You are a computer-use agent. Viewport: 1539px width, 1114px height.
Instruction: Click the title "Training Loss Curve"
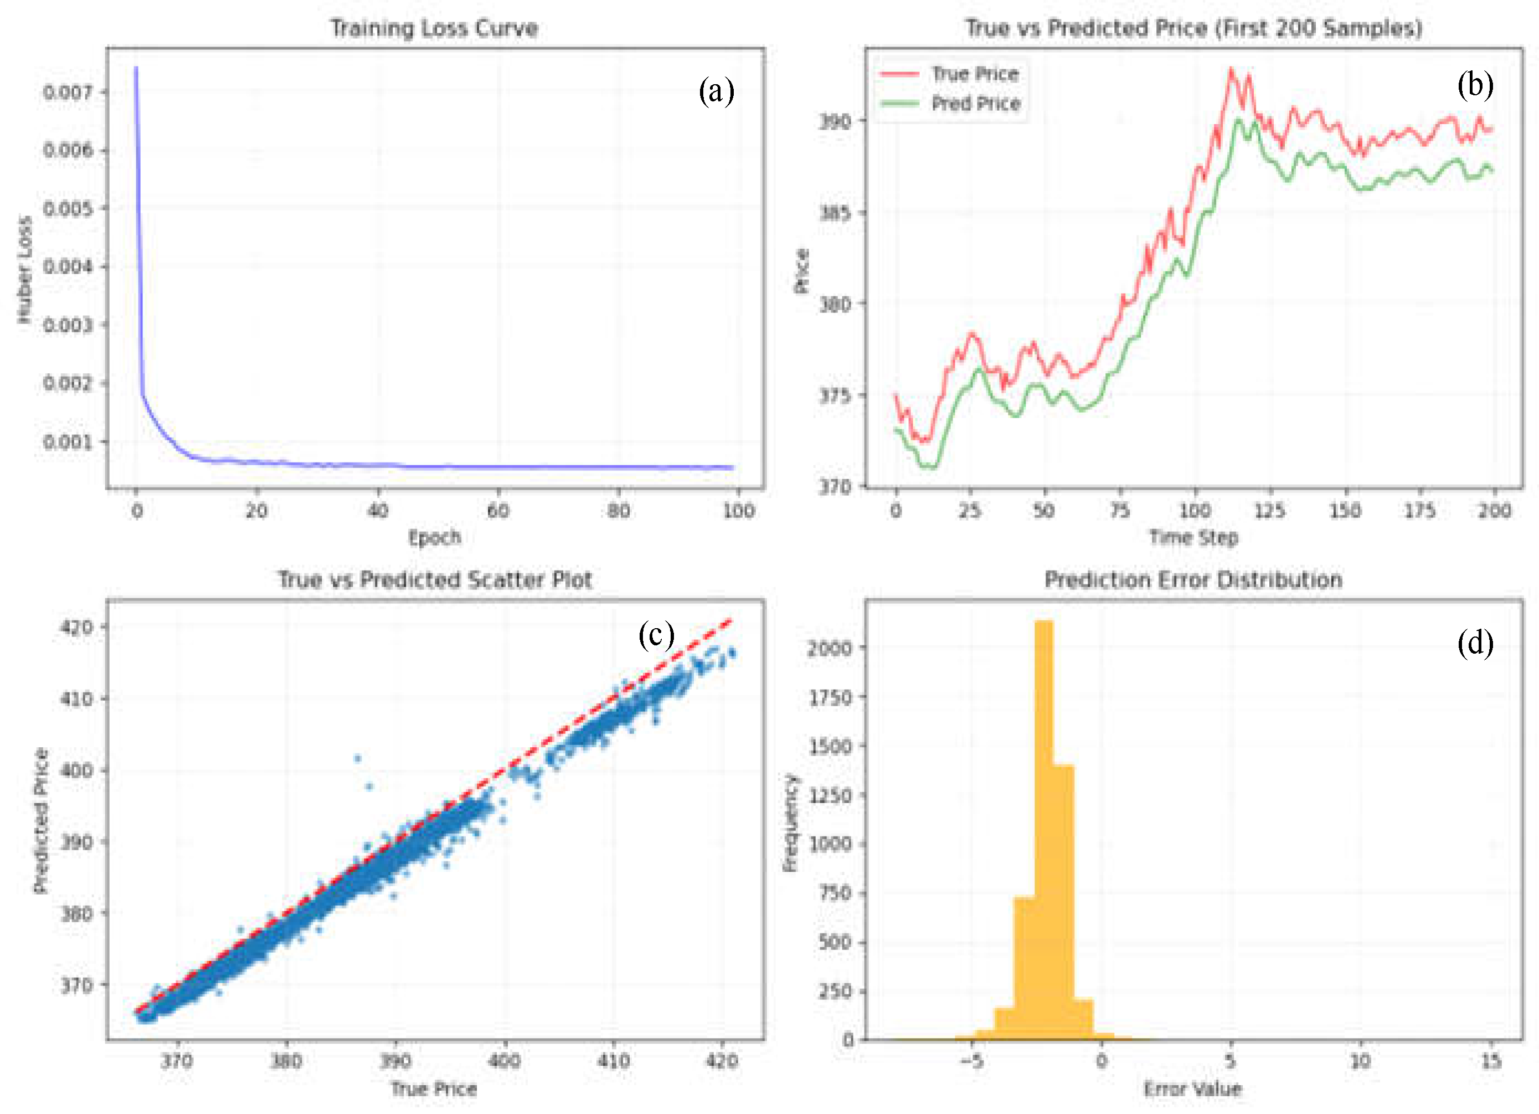point(434,28)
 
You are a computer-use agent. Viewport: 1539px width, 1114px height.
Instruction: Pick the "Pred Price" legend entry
point(949,103)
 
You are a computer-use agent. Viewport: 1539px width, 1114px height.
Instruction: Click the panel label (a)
point(717,91)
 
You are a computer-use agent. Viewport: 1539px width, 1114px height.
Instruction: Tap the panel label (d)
point(1475,642)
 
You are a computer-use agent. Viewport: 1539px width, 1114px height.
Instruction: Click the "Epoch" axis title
point(434,538)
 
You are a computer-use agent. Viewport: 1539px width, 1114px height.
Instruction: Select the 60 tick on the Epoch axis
point(498,511)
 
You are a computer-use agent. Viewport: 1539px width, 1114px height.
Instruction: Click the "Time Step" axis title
point(1193,538)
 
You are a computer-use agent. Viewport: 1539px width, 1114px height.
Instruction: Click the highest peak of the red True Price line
point(1230,69)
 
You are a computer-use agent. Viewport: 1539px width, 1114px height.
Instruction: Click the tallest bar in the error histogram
point(1044,830)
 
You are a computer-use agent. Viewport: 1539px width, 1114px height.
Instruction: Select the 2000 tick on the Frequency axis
point(828,648)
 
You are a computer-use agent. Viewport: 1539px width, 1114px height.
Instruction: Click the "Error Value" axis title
point(1193,1089)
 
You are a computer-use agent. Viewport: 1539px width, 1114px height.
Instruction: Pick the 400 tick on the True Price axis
point(504,1061)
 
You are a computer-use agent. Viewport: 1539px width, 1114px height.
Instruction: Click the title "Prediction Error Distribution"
point(1193,580)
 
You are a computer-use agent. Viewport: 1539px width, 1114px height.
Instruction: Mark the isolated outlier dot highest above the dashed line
point(358,758)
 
